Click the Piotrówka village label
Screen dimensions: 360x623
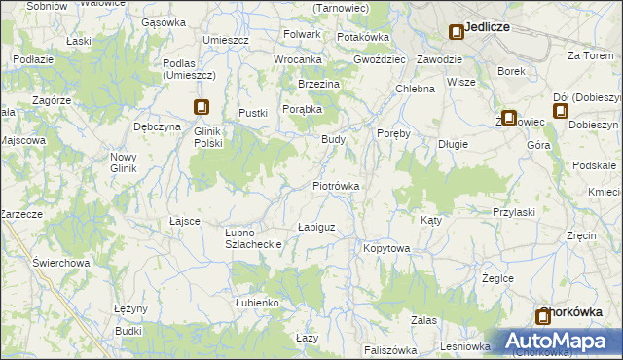(x=337, y=186)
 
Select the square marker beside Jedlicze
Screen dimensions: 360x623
(x=456, y=32)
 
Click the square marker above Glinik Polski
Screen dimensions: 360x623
(x=202, y=108)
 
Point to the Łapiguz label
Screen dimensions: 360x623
(x=316, y=228)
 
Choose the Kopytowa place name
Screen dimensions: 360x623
(x=386, y=249)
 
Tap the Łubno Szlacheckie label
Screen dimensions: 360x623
(x=253, y=238)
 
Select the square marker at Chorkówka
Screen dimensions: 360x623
(x=543, y=316)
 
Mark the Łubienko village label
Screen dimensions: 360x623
(x=257, y=304)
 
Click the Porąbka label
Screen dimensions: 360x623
(x=303, y=109)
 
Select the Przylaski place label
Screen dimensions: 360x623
(x=514, y=212)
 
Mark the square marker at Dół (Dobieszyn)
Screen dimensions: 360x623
(x=561, y=111)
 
